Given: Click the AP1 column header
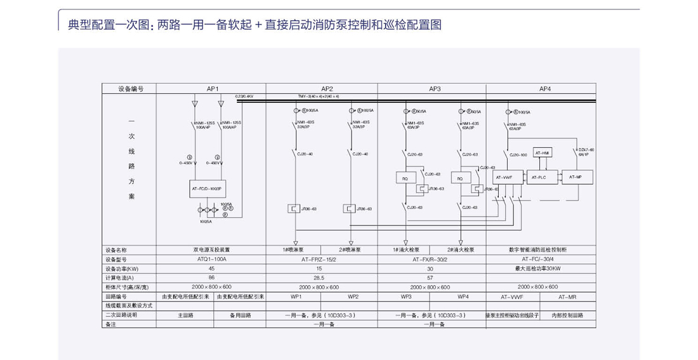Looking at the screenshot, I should [212, 89].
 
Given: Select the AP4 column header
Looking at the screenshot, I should [545, 89].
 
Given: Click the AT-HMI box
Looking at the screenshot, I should [543, 153].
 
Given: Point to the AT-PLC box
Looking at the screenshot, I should [539, 177].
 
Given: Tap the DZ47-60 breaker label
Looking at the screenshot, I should [586, 151].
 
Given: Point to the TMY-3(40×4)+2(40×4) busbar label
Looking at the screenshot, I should [319, 96].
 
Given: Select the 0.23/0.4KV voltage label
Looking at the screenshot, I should [244, 96].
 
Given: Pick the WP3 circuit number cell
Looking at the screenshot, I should [406, 296].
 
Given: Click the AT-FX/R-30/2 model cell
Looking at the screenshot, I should [433, 259].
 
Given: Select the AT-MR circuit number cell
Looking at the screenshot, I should [572, 296].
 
